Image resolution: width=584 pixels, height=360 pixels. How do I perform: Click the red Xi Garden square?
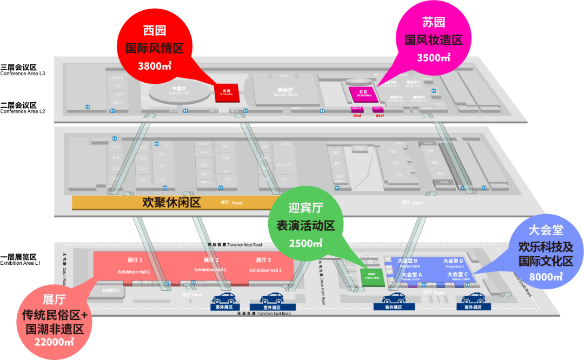pyautogui.click(x=225, y=92)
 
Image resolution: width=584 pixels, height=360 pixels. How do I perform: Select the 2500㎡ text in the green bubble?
pyautogui.click(x=306, y=243)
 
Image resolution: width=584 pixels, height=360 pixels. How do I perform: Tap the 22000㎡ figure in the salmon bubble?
pyautogui.click(x=54, y=342)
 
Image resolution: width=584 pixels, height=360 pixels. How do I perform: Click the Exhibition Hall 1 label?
pyautogui.click(x=135, y=271)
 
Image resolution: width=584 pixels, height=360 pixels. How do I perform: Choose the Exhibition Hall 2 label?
pyautogui.click(x=210, y=270)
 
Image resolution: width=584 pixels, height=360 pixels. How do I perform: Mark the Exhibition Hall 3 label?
pyautogui.click(x=266, y=270)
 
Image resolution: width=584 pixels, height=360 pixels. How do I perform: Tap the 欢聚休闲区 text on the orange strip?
pyautogui.click(x=171, y=203)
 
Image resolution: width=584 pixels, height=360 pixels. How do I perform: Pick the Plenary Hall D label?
pyautogui.click(x=454, y=266)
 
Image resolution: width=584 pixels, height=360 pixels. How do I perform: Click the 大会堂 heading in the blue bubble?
pyautogui.click(x=546, y=230)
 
